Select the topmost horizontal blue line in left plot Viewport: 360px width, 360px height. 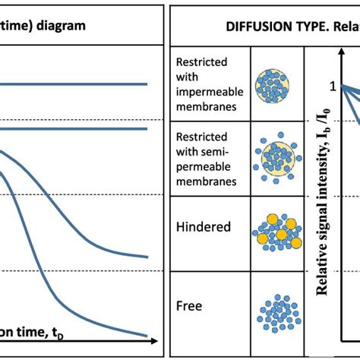[x=76, y=84]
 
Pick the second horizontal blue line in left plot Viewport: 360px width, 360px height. [x=76, y=128]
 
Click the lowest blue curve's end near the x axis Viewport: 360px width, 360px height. [x=144, y=334]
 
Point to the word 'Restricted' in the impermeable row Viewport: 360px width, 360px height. [x=201, y=62]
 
